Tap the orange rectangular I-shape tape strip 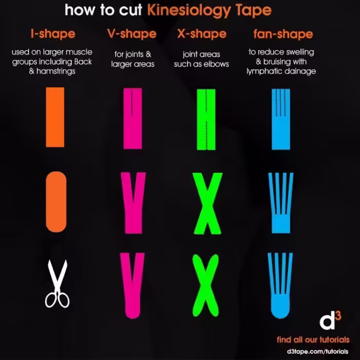click(x=55, y=117)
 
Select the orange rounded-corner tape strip click(x=56, y=201)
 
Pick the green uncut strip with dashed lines click(x=206, y=119)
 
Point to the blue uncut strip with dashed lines click(x=280, y=119)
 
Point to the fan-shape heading click(x=283, y=34)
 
